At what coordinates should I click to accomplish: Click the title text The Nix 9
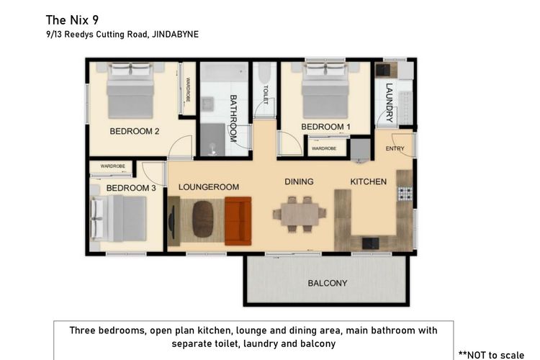72,20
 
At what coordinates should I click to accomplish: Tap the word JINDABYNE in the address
175,35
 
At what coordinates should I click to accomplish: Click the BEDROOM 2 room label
135,131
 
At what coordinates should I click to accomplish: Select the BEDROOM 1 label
325,127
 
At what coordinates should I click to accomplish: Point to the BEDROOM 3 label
131,188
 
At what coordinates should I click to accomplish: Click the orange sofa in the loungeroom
238,221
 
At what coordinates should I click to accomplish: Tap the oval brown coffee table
203,219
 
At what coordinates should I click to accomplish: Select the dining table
300,215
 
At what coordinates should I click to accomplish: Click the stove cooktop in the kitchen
405,194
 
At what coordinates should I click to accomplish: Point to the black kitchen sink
371,243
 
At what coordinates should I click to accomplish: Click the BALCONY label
328,283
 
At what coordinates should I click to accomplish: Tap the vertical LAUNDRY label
389,103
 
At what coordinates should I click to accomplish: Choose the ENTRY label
395,148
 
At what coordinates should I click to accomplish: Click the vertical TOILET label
266,94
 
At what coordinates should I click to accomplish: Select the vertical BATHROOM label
233,119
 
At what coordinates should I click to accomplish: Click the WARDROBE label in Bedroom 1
324,148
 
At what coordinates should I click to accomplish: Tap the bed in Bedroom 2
130,91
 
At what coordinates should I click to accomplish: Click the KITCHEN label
369,181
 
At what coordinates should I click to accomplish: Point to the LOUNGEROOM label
209,187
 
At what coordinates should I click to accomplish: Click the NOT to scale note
492,355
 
